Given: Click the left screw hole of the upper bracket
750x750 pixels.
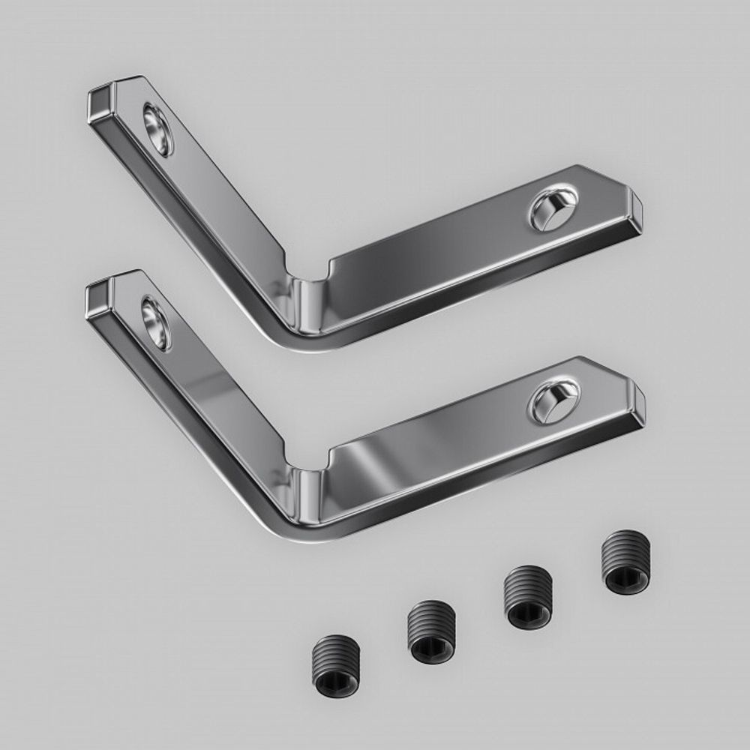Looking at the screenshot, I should tap(158, 129).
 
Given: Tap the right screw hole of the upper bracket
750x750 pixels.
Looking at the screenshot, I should tap(553, 208).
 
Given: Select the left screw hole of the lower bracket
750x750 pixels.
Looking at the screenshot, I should tap(156, 323).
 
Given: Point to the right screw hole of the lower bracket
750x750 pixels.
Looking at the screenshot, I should tap(554, 400).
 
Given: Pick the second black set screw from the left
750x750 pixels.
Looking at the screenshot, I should tap(431, 631).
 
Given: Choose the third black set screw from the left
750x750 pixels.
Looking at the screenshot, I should tap(529, 597).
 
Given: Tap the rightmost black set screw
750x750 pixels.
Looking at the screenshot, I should tap(626, 562).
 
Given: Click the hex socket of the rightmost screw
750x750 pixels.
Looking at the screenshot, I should tap(627, 579).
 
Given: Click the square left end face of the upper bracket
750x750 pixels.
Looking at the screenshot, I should tap(100, 105).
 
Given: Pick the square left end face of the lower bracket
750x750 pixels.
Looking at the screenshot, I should tap(97, 298).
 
